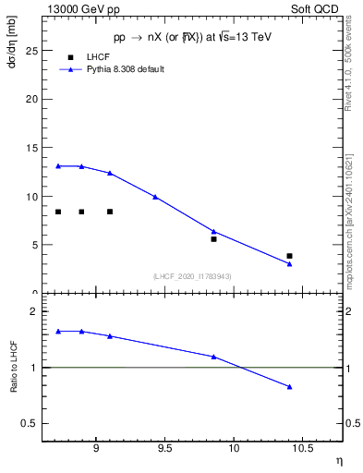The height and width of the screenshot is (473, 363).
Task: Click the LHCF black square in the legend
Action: click(x=70, y=57)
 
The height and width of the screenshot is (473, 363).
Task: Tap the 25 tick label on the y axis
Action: click(x=31, y=50)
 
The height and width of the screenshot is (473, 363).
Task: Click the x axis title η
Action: click(x=339, y=460)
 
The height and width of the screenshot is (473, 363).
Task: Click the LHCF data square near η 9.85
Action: click(x=213, y=239)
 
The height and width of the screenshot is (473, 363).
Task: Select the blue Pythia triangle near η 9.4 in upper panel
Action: click(x=155, y=197)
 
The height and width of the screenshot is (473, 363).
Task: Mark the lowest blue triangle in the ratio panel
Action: click(x=289, y=387)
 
